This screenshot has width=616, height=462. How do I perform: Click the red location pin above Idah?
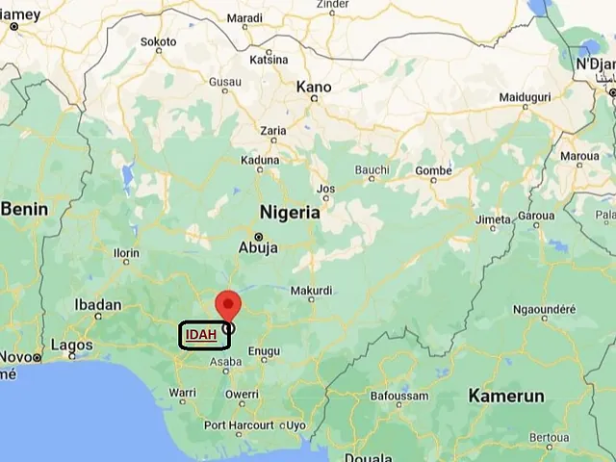[228, 304]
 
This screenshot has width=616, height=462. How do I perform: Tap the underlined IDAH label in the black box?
[201, 335]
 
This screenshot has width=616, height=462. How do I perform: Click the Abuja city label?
[258, 247]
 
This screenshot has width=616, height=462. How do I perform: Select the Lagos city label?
[71, 345]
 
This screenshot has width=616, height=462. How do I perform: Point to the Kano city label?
[314, 88]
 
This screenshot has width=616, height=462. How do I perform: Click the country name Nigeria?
[289, 213]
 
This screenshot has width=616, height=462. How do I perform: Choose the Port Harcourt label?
[238, 424]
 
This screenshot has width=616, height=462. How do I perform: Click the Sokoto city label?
[159, 42]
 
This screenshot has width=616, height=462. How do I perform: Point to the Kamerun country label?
[506, 396]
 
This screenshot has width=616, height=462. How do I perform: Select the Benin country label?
[25, 208]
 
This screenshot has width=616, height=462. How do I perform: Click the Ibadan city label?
[98, 305]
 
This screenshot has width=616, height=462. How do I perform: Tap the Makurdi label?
[311, 290]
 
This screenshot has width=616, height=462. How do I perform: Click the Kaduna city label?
[260, 161]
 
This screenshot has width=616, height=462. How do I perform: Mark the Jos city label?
[326, 189]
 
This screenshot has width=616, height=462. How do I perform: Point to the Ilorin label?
[126, 253]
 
